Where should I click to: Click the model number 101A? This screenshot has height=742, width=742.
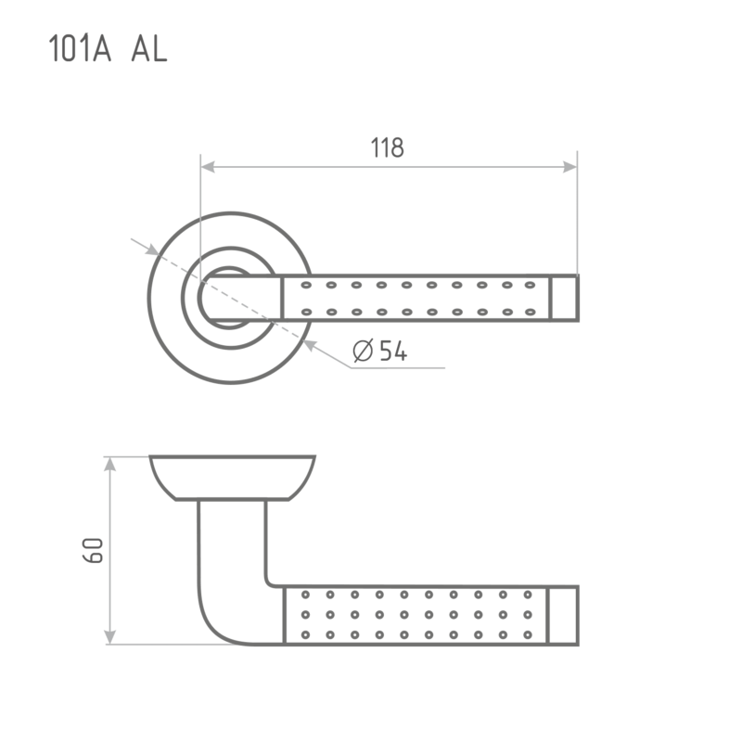coord(80,48)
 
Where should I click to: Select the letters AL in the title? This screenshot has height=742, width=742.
coord(149,48)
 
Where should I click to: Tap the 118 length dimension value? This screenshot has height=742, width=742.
coord(387,147)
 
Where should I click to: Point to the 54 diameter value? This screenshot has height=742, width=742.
coord(393,351)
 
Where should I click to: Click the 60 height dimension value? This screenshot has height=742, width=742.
coord(94,550)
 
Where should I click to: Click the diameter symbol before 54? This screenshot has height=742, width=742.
coord(363,351)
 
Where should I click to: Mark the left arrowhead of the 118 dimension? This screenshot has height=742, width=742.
coord(208,167)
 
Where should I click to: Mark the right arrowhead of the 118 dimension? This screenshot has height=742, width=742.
coord(569,167)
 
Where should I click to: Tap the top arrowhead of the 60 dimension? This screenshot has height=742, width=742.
coord(109,465)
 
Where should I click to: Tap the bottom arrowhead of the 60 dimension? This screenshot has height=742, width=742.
coord(109,637)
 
